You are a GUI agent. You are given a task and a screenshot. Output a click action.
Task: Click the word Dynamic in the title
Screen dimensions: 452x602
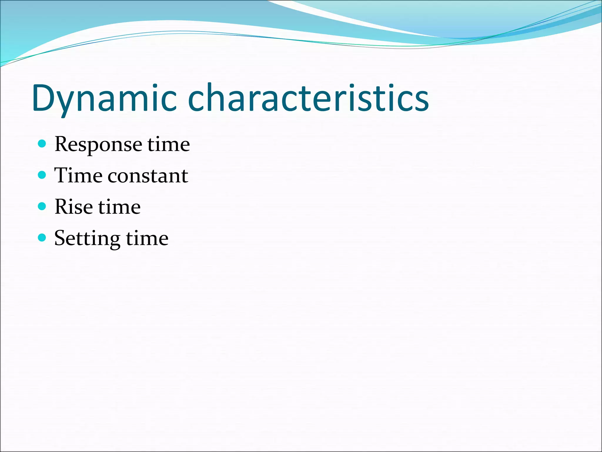[104, 99]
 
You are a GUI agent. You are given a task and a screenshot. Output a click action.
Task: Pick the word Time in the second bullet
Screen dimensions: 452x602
[78, 175]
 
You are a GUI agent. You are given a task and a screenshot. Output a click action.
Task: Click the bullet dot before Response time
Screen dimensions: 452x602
[42, 144]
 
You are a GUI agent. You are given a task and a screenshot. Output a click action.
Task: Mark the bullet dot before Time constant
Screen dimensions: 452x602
[42, 175]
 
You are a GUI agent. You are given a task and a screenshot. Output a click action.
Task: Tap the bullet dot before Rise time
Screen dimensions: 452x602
[42, 206]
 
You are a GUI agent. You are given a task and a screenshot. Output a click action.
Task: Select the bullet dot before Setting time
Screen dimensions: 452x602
[42, 237]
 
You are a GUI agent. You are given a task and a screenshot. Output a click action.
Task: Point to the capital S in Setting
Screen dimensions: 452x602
[61, 238]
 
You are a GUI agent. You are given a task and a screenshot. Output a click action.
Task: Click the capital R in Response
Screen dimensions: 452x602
[63, 144]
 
